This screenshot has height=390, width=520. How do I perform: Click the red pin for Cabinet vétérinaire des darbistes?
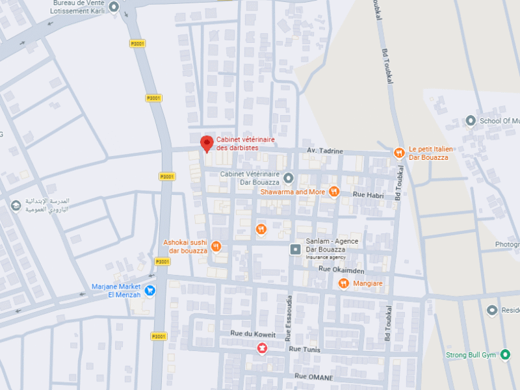[207, 143]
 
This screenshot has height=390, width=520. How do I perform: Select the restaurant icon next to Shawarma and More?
[334, 191]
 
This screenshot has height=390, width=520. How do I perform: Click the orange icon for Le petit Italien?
[399, 153]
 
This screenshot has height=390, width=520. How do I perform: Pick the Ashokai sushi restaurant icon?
[216, 246]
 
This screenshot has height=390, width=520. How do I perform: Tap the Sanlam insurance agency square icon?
[295, 249]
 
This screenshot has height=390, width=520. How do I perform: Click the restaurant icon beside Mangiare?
[343, 283]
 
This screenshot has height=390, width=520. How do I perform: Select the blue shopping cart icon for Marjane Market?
[150, 290]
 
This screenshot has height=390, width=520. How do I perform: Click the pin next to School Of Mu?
[471, 121]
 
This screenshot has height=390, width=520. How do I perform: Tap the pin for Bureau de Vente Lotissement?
[114, 8]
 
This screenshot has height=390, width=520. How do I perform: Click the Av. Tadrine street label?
[324, 151]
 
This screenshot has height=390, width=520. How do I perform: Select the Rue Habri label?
[368, 195]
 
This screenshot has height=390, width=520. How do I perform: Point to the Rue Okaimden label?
[341, 270]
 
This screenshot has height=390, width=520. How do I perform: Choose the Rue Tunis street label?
[304, 350]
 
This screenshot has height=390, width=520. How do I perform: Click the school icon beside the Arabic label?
[16, 205]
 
